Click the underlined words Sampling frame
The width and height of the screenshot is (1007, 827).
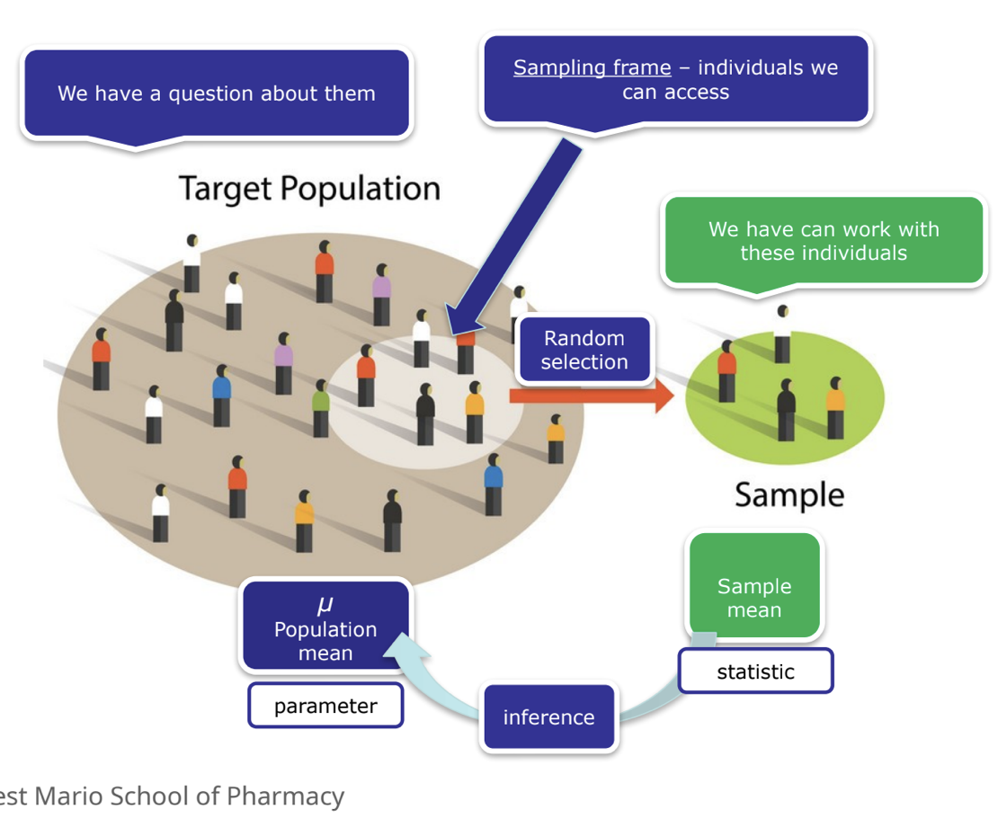[593, 68]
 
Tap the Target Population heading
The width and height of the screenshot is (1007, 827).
[309, 189]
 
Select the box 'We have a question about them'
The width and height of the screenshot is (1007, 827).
[217, 93]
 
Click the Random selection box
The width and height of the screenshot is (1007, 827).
[584, 350]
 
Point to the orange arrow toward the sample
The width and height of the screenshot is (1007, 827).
[592, 396]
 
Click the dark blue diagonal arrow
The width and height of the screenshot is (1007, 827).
[512, 237]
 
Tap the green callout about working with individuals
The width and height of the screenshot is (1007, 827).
[824, 241]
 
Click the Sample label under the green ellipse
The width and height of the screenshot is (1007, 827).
[789, 495]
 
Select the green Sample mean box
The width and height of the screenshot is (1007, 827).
[754, 585]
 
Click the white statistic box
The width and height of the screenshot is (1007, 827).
[756, 671]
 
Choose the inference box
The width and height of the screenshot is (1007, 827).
[549, 716]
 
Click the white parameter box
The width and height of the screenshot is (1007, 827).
[325, 706]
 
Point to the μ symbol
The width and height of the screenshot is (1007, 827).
[325, 604]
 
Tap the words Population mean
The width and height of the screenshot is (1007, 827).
[325, 641]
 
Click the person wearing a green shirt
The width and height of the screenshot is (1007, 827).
[321, 408]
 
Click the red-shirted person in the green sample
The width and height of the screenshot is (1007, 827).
[726, 371]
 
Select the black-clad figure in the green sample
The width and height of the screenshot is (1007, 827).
[786, 410]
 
